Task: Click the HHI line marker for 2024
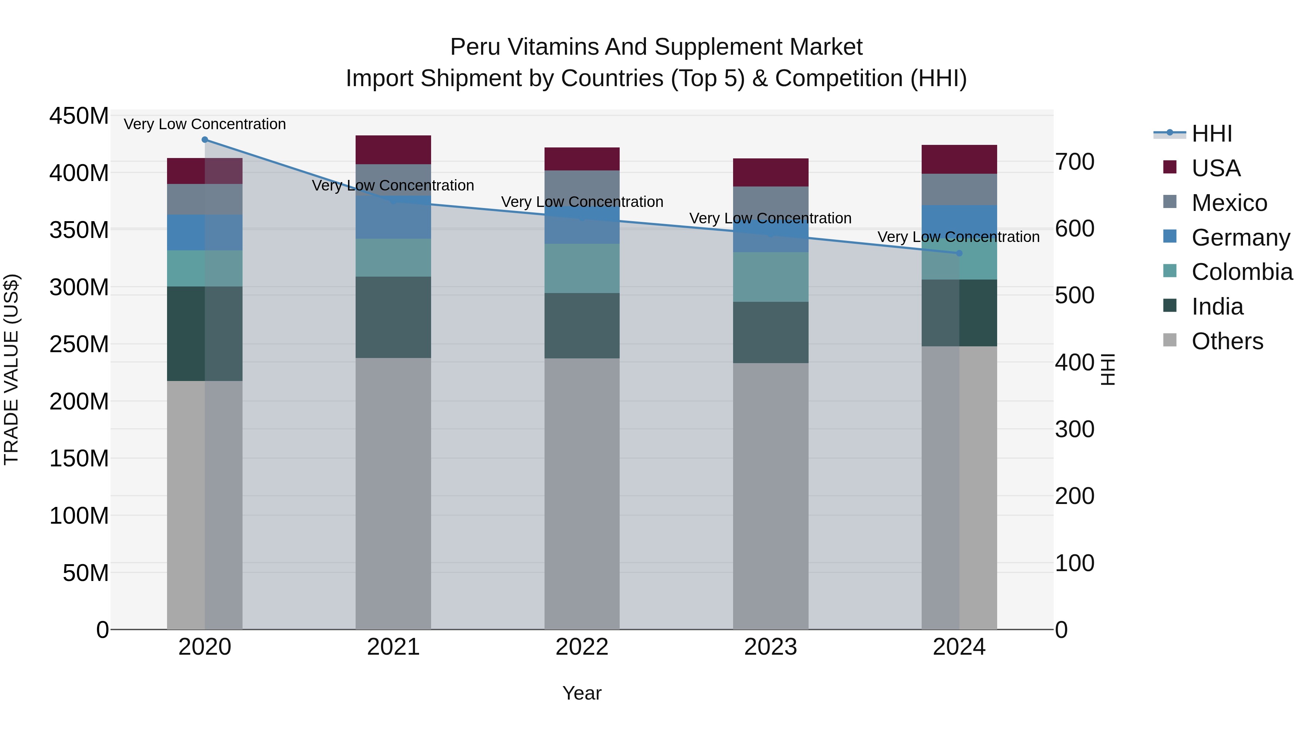[959, 253]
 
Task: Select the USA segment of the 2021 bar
[393, 149]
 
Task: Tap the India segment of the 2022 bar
[582, 326]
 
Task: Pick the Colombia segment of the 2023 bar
[770, 276]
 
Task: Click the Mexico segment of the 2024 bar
[959, 189]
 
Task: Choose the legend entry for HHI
[1211, 134]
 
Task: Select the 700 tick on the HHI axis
[1074, 162]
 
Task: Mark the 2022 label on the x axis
[582, 647]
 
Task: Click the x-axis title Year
[582, 693]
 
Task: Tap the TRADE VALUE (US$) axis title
[11, 369]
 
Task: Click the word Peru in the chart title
[475, 47]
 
